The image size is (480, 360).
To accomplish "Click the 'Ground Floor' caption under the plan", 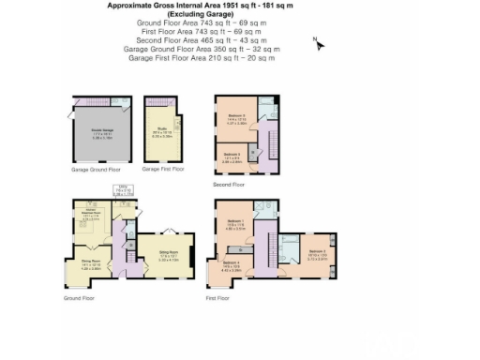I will coord(80,298).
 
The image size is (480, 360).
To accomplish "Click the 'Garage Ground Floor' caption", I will coord(97,170).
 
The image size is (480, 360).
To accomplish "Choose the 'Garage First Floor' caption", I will coord(162,170).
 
